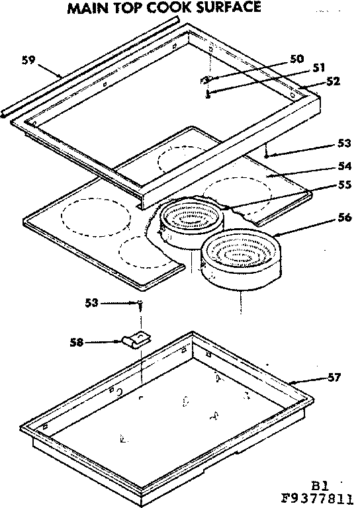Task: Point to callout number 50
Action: [x=296, y=60]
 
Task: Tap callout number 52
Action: [x=332, y=81]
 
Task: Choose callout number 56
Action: [x=343, y=218]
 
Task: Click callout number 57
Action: [x=334, y=378]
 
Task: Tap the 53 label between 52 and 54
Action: [x=343, y=143]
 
